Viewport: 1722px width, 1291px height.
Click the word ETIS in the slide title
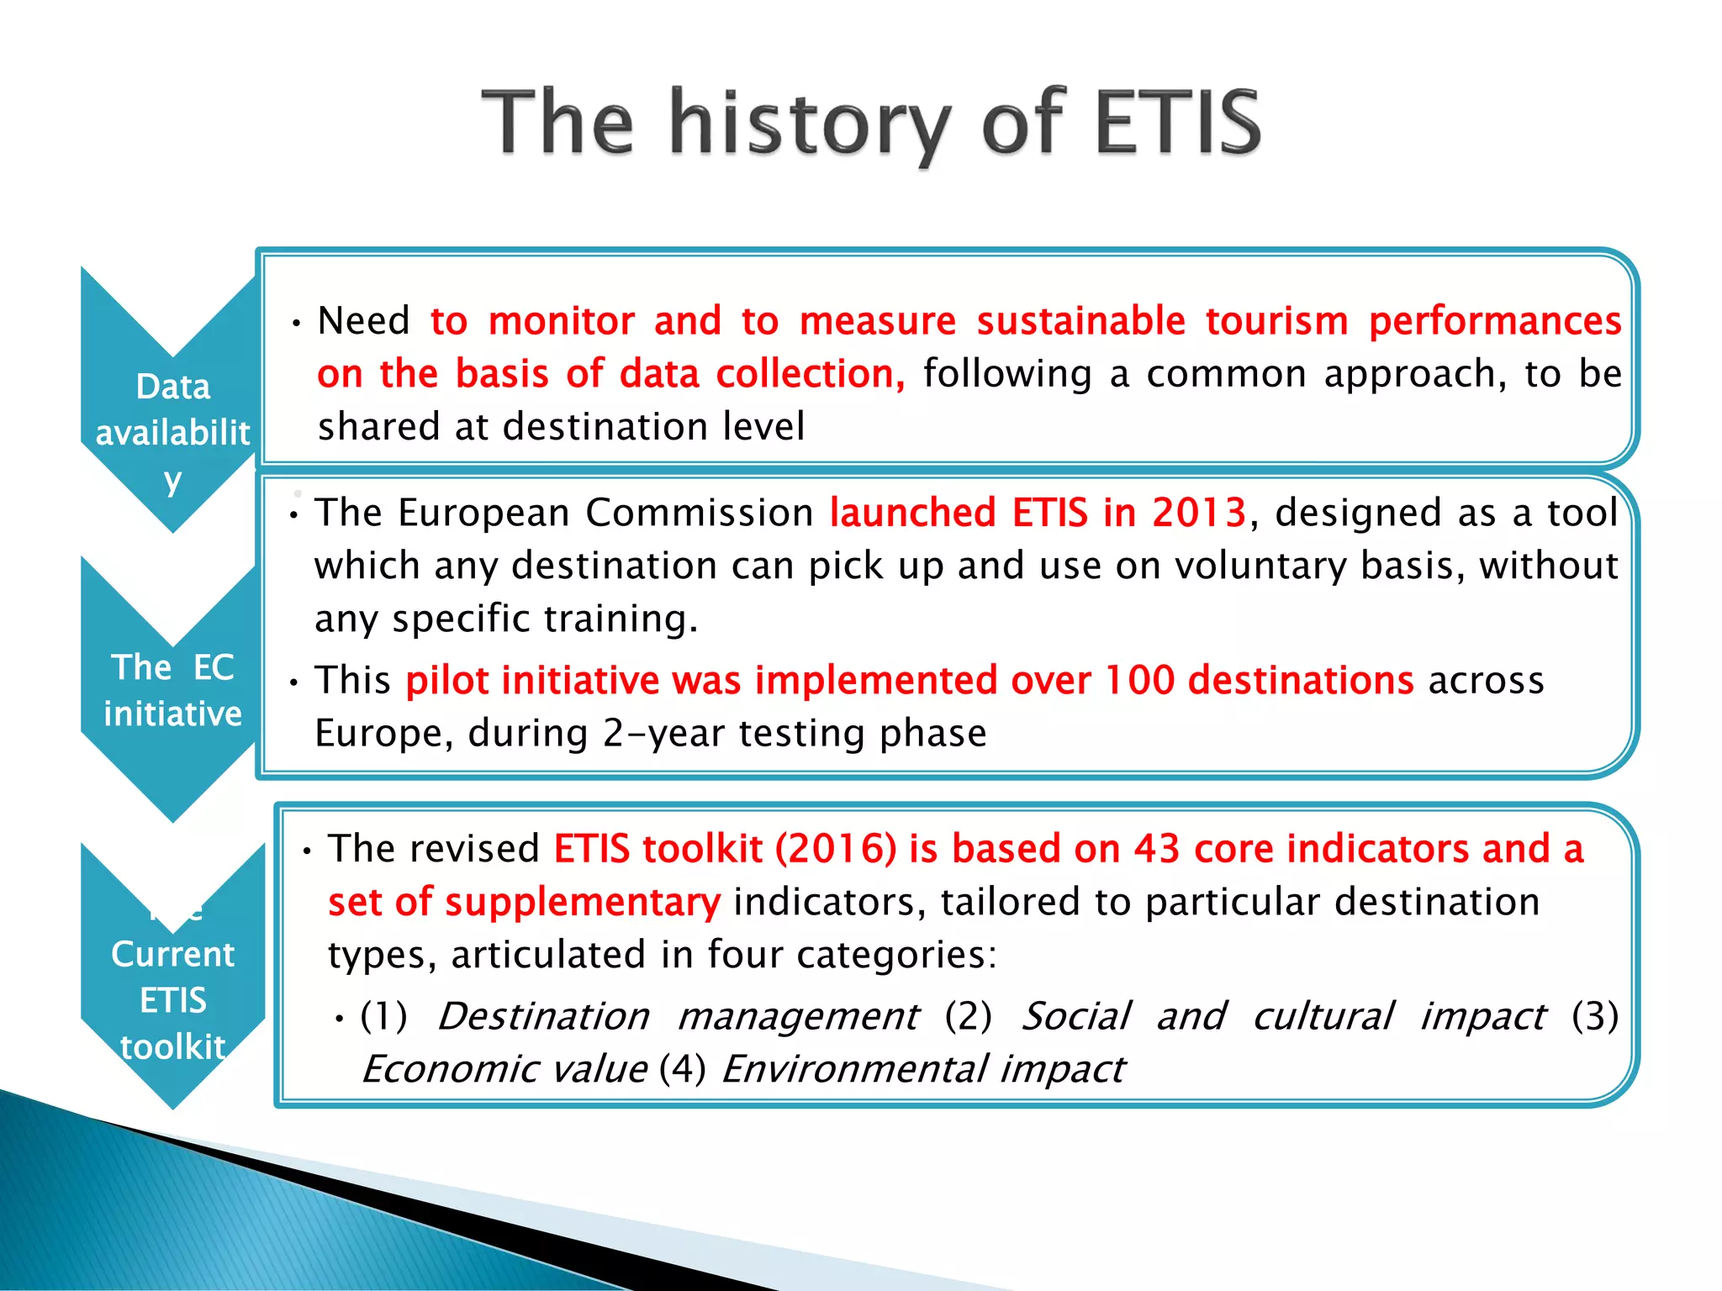pos(1175,123)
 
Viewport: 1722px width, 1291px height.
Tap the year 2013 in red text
pos(1198,513)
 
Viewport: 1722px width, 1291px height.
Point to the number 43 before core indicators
pos(1156,849)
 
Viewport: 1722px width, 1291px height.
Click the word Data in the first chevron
pos(172,387)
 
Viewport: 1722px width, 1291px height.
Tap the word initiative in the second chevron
pos(172,714)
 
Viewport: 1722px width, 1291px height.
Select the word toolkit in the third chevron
pos(172,1047)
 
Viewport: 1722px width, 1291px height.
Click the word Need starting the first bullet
pos(363,321)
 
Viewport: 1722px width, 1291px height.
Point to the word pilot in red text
pos(446,680)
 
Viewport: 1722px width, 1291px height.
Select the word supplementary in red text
pos(582,902)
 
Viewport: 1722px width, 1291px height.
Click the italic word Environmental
pos(854,1069)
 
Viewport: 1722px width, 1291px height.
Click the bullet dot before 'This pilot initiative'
pos(293,683)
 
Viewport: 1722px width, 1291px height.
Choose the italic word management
pos(797,1016)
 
